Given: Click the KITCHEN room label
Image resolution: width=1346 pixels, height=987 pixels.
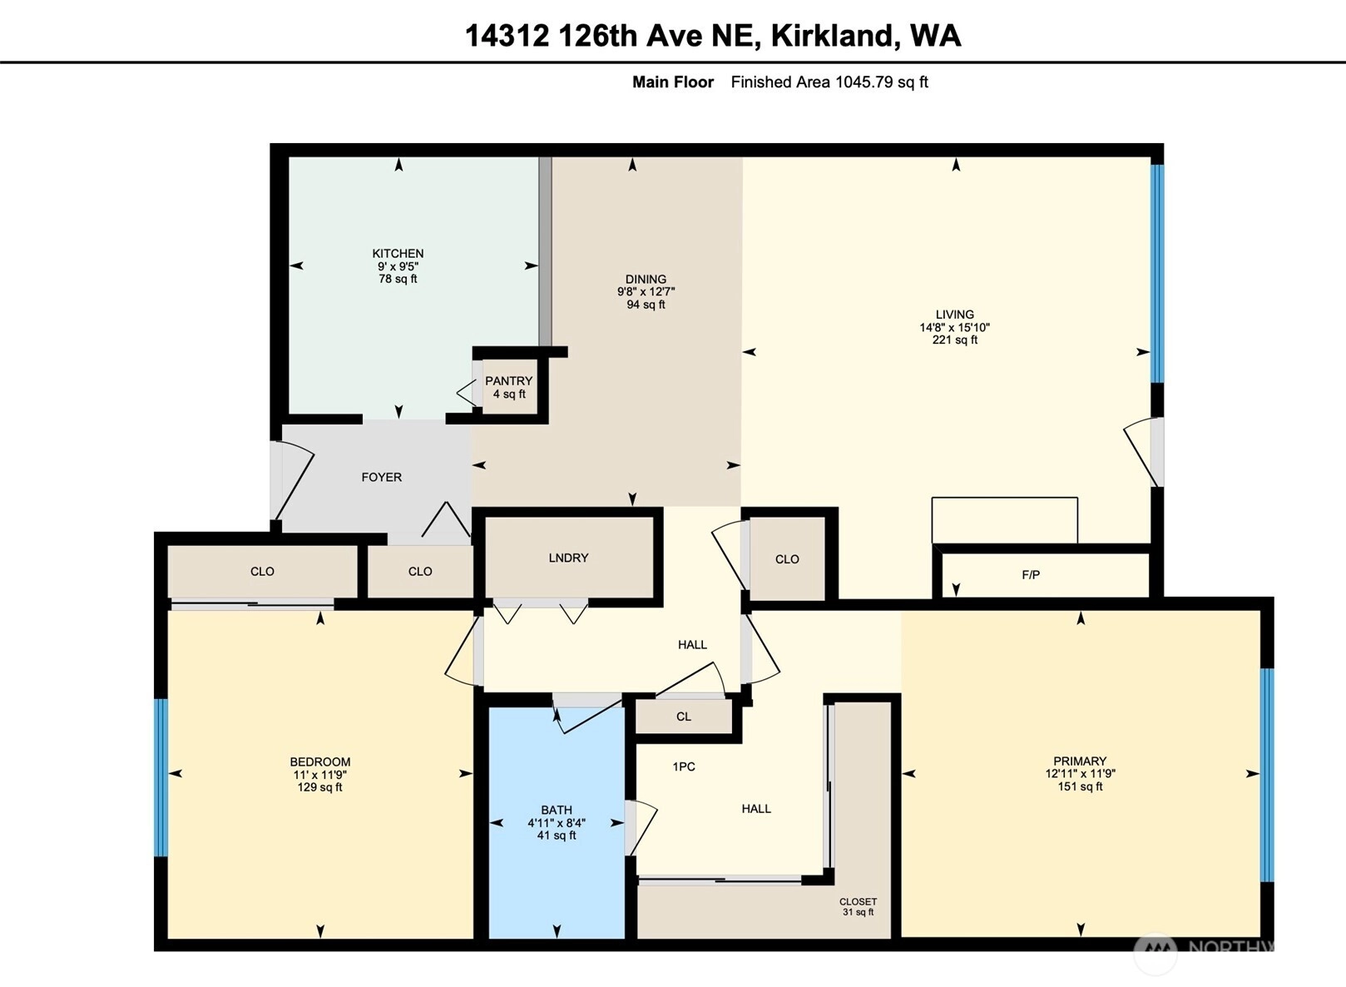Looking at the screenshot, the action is [x=398, y=254].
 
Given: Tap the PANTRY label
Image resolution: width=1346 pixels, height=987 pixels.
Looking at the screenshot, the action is [x=509, y=381].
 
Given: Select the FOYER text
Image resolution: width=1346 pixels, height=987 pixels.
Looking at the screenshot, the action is [x=382, y=477].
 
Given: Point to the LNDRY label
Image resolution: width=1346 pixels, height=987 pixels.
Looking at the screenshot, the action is [x=568, y=558].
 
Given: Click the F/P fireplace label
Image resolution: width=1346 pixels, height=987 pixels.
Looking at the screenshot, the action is [x=1031, y=575].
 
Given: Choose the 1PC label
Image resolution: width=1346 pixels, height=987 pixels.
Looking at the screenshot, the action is [x=684, y=767].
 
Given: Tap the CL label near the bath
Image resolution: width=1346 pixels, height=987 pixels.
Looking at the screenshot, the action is [x=684, y=717].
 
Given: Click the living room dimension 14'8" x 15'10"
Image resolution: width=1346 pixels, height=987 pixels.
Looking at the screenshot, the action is [x=955, y=328].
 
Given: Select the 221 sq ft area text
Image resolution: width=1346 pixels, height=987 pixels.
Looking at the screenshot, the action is [x=955, y=340].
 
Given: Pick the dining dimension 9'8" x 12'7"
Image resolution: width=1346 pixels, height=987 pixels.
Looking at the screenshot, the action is [x=646, y=292].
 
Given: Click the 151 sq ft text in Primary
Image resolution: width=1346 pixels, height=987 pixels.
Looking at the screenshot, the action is [x=1081, y=786].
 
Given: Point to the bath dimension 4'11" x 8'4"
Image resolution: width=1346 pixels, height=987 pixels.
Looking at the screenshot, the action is [x=557, y=823].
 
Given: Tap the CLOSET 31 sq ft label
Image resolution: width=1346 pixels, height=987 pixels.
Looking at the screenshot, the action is [x=858, y=907].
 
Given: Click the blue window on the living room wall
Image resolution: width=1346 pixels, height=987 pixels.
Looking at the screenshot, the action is [x=1157, y=274].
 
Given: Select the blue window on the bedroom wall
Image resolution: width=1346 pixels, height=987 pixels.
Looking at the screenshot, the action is [x=161, y=777].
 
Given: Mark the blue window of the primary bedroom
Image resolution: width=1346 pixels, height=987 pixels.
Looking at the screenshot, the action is [x=1267, y=775].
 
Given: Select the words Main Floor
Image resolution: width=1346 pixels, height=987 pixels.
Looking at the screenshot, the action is [x=673, y=82].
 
